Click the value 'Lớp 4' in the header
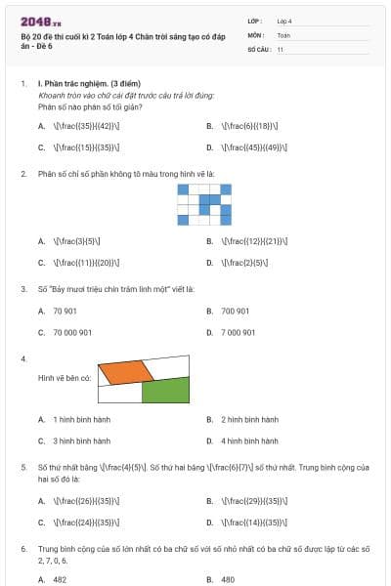[x=284, y=21]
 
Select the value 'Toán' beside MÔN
[x=283, y=34]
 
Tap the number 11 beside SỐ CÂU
[x=281, y=48]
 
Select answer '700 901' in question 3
[x=235, y=311]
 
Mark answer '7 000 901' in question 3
[x=239, y=332]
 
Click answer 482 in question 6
[x=60, y=579]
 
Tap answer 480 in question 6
[x=228, y=579]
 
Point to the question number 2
[x=22, y=173]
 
